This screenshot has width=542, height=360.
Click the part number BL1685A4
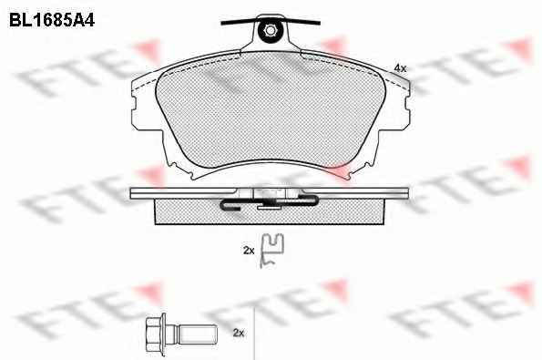[x=52, y=20]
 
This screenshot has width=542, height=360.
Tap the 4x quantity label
[x=400, y=68]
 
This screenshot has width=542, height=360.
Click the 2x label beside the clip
[x=249, y=251]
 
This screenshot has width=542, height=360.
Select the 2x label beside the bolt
[x=239, y=333]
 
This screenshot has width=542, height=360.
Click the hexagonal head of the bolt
[x=153, y=333]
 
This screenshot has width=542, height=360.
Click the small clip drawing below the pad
[x=271, y=251]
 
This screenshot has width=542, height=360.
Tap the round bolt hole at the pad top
[x=270, y=31]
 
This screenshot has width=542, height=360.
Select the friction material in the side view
[x=270, y=212]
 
